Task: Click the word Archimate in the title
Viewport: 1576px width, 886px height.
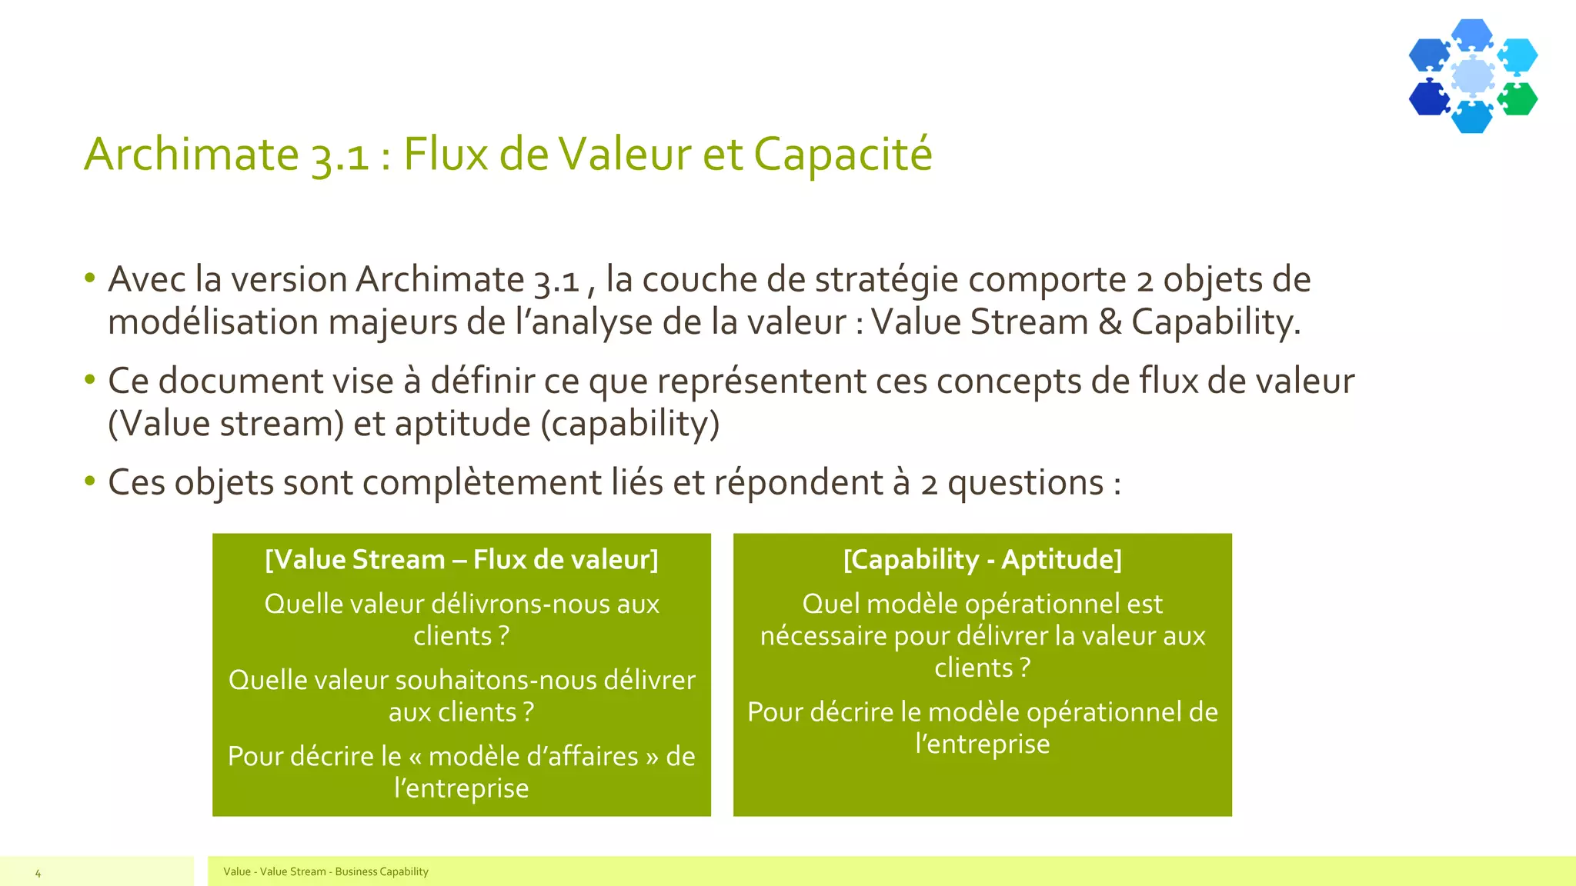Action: point(191,154)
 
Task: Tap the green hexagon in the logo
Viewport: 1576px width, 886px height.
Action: point(1518,99)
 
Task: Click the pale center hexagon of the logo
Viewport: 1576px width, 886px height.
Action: point(1473,76)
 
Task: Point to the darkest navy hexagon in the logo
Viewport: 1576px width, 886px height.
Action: point(1429,98)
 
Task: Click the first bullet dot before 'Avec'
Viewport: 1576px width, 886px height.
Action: point(90,278)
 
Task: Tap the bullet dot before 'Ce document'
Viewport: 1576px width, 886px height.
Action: point(90,379)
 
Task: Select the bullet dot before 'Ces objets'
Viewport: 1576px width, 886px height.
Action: point(90,481)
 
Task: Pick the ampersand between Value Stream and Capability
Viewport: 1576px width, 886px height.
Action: point(1110,322)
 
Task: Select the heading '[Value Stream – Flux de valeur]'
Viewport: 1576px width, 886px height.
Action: point(462,559)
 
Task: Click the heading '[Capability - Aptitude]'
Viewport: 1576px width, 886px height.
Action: point(983,559)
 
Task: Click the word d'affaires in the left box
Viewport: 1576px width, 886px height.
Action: point(533,756)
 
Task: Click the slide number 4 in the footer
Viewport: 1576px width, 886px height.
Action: point(38,873)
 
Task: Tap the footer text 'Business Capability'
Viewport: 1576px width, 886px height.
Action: point(382,871)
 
